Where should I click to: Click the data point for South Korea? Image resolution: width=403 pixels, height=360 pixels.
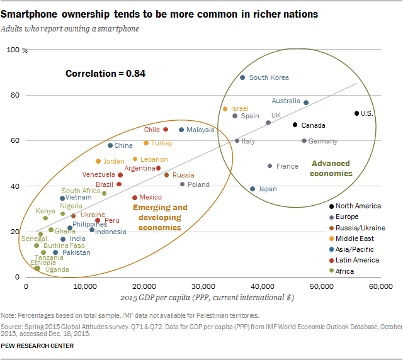click(x=242, y=77)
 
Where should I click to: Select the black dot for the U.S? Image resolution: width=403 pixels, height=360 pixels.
click(x=356, y=113)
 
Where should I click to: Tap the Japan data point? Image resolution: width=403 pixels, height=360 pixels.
click(x=253, y=189)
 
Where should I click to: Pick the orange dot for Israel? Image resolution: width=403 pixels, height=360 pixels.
click(x=225, y=109)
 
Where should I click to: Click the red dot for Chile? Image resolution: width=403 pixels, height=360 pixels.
click(x=166, y=130)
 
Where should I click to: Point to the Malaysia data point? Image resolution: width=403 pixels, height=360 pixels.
click(x=181, y=130)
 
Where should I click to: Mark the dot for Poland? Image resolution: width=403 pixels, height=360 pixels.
click(x=183, y=184)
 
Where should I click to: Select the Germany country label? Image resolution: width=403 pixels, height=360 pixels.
click(x=323, y=142)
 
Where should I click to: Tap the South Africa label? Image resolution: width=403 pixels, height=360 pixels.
click(x=81, y=191)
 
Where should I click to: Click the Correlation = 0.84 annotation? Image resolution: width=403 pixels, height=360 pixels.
click(x=105, y=74)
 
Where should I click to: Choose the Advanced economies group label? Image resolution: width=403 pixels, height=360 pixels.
click(x=331, y=169)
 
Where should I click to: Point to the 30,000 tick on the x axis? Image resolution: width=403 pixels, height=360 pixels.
click(x=203, y=286)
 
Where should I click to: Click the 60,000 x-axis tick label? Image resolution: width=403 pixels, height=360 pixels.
click(x=380, y=286)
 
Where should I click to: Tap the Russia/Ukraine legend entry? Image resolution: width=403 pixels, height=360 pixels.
click(x=358, y=228)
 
